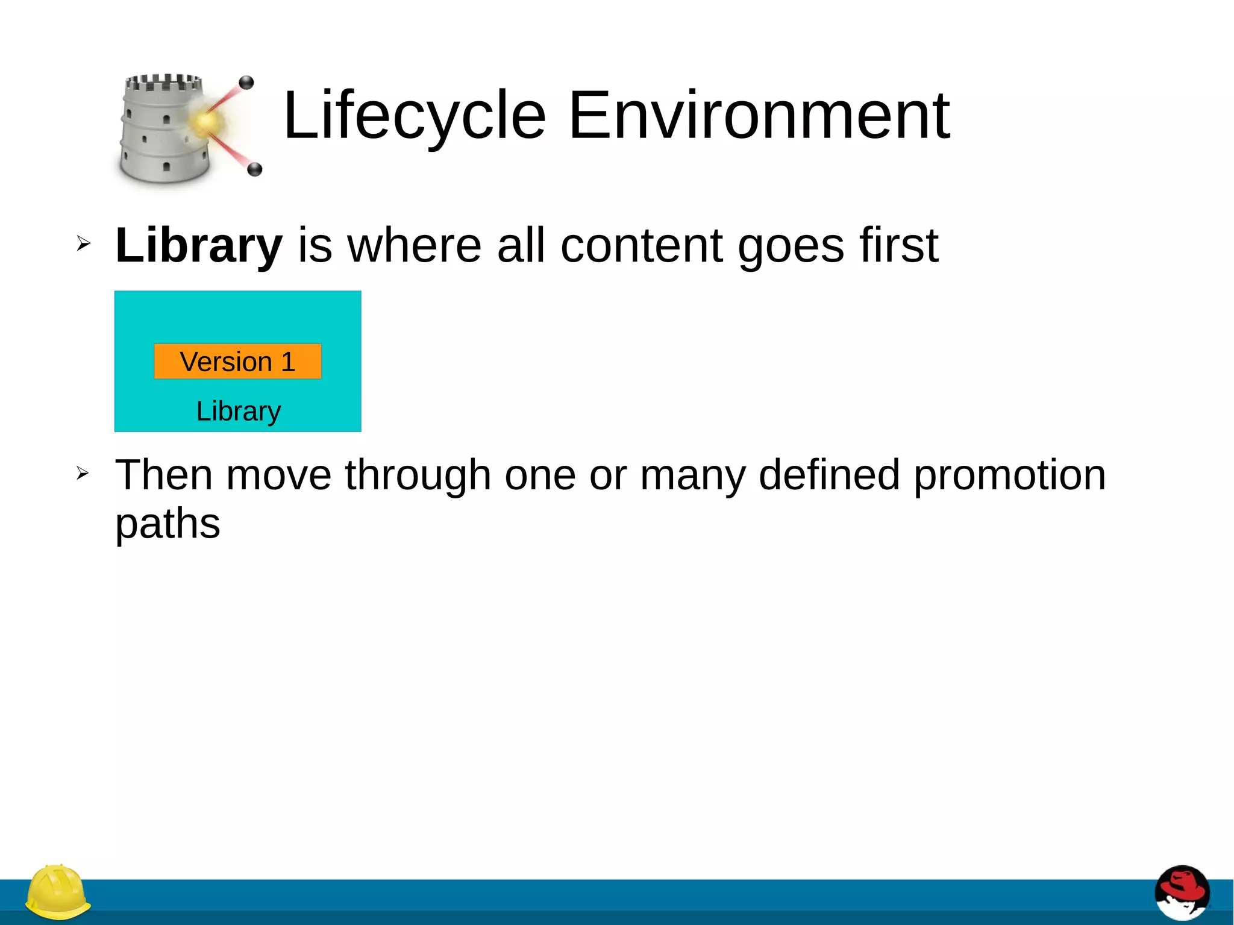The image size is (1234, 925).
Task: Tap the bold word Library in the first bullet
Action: [199, 245]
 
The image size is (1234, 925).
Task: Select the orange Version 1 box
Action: [237, 362]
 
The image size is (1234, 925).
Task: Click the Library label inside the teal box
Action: [239, 411]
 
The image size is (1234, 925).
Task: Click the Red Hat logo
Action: [1182, 893]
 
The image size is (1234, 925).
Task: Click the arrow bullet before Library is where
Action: [83, 244]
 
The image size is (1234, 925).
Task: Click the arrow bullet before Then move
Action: [83, 474]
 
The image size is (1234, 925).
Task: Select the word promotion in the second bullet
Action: [1010, 475]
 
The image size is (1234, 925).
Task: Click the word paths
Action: [168, 523]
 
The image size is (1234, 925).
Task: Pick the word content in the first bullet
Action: [642, 245]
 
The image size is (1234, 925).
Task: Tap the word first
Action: [898, 245]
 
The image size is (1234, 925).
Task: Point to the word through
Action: [418, 475]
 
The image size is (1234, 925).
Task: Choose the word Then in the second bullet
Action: [163, 475]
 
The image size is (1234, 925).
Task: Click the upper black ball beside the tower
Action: [246, 83]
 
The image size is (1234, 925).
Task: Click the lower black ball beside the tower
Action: [255, 169]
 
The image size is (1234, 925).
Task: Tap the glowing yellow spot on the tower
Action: [205, 122]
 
